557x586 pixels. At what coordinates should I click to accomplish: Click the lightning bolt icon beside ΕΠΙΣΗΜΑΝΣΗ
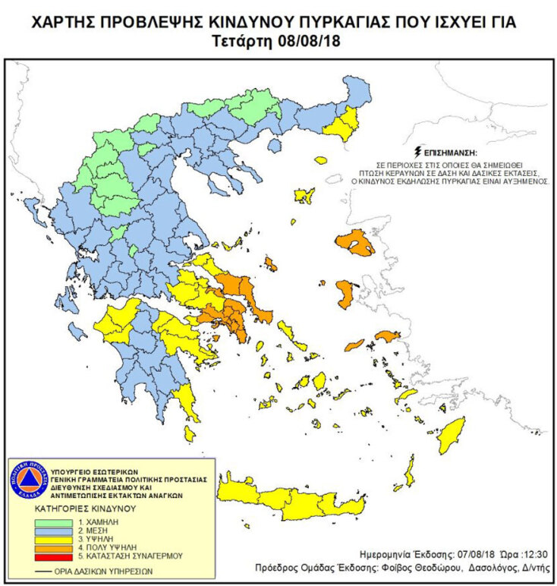tap(416, 152)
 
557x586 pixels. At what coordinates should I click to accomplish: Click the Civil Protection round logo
tap(28, 480)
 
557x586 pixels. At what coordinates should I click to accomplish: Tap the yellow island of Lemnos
tap(304, 196)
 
